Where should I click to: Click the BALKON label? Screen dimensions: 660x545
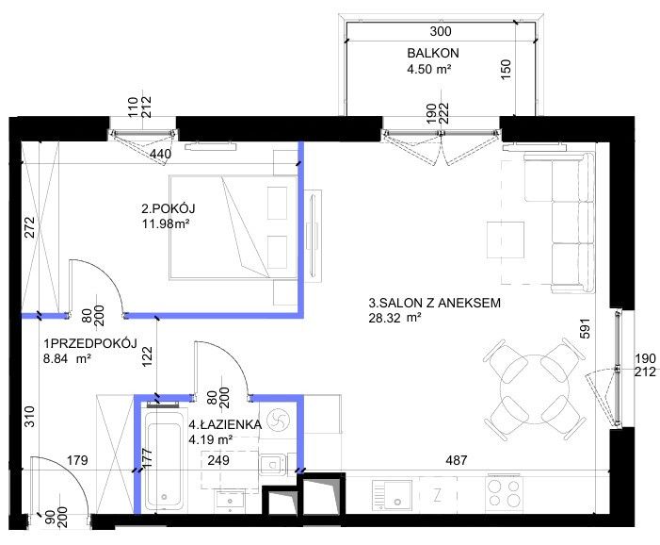click(433, 53)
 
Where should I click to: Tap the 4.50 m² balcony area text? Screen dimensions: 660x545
click(429, 69)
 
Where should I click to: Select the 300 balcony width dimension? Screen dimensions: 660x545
click(441, 31)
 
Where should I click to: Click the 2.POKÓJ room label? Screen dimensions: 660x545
click(169, 208)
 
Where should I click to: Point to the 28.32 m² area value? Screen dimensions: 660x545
click(394, 318)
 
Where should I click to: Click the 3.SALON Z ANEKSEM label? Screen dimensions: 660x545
click(435, 303)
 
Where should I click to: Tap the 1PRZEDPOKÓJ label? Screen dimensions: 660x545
click(90, 343)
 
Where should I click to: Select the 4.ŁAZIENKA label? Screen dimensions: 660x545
click(225, 424)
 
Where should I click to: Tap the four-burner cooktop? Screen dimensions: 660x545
click(505, 493)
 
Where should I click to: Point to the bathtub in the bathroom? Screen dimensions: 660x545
click(164, 459)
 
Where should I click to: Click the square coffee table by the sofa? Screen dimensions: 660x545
click(506, 239)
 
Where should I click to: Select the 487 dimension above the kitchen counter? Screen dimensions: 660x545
click(457, 460)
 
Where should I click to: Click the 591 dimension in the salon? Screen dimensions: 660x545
click(585, 328)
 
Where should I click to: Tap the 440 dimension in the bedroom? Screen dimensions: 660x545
click(160, 155)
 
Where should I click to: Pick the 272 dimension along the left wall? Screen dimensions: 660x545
click(29, 227)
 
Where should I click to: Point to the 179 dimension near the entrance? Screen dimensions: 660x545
click(78, 460)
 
